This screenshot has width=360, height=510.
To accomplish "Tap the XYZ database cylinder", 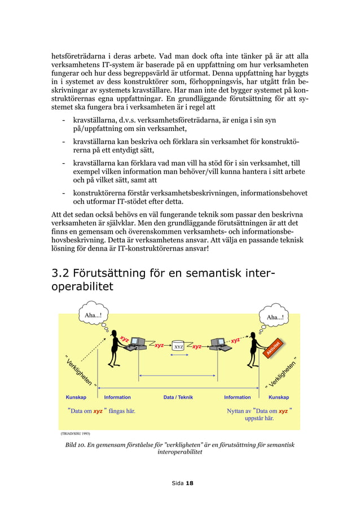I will pos(178,346).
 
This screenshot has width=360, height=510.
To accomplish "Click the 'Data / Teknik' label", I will pos(178,398).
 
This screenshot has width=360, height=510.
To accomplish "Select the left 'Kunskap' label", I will pos(76,398).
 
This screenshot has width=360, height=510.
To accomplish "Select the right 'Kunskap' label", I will pos(279,398).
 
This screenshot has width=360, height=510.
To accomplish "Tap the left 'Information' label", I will pos(117,398).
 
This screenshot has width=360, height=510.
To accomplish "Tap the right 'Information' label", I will pos(238,398).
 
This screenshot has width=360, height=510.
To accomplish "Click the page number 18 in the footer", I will pos(190,483).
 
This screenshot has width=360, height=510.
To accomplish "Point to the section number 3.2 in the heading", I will pos(61,273).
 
